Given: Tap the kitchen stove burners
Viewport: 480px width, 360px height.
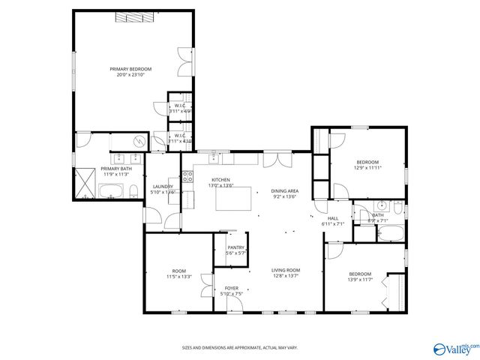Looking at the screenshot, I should (x=189, y=178).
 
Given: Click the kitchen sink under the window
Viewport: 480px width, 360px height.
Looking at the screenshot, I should (x=214, y=158).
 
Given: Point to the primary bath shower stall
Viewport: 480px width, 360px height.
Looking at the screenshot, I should (x=85, y=184).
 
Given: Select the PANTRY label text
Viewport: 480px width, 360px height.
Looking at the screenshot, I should (x=236, y=247).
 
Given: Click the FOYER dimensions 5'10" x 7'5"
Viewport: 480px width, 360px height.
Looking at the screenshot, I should (x=232, y=293).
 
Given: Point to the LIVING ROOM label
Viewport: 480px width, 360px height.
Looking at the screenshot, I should (x=286, y=270).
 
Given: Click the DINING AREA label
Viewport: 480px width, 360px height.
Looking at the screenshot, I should (x=284, y=191).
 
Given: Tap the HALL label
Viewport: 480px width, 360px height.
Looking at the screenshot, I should (x=332, y=218).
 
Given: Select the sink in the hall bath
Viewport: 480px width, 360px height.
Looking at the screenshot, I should (x=383, y=205).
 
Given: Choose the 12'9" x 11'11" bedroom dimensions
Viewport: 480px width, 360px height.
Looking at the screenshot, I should (x=367, y=168).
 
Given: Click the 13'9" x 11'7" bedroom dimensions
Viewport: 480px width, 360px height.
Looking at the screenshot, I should (x=360, y=280).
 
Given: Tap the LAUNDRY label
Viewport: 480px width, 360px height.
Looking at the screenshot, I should (x=163, y=187).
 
